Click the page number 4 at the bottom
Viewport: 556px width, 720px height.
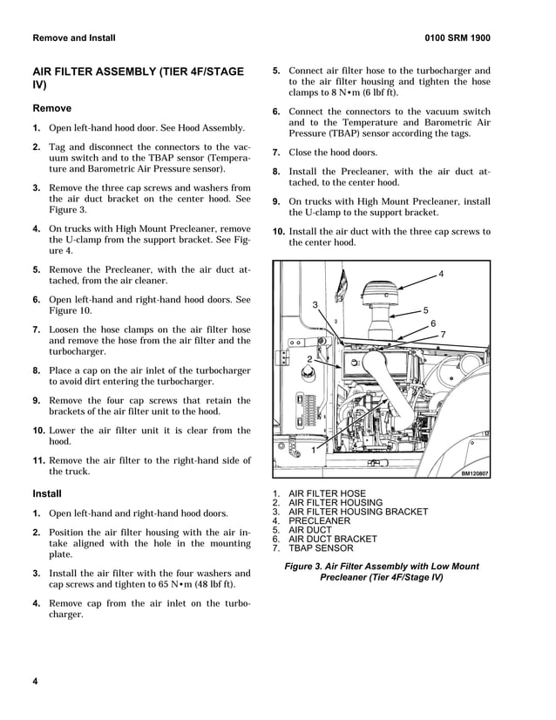tap(36, 681)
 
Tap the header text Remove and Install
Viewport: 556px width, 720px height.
tap(73, 38)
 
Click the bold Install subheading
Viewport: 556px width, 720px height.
tap(47, 493)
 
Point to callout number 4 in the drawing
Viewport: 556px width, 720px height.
tap(441, 275)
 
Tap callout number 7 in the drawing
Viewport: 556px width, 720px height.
tap(444, 335)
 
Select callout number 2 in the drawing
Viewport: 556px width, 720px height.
tap(309, 359)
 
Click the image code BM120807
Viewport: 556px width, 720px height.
tap(475, 473)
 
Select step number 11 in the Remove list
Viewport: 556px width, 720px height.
tap(39, 460)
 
